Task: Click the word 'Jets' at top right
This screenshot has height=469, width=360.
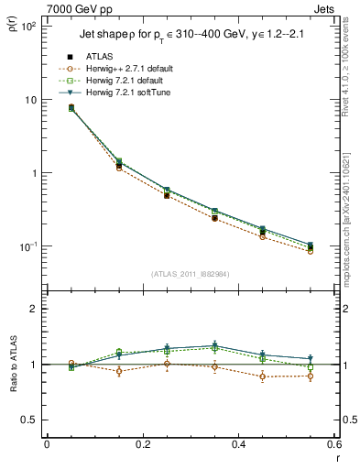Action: pyautogui.click(x=324, y=7)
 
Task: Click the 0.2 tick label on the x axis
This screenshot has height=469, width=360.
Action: pyautogui.click(x=142, y=445)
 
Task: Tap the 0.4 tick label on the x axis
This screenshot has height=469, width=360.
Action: pyautogui.click(x=238, y=445)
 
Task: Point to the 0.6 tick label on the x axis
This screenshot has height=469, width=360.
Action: pyautogui.click(x=333, y=445)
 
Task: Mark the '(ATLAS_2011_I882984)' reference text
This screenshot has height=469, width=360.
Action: pyautogui.click(x=191, y=274)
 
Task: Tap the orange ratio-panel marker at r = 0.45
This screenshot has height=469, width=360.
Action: pyautogui.click(x=263, y=376)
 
